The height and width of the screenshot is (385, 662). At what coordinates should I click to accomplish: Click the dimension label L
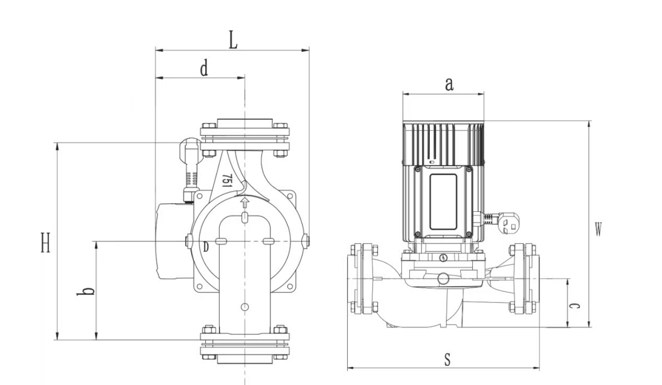(x=233, y=40)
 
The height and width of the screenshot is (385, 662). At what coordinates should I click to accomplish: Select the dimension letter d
(x=204, y=68)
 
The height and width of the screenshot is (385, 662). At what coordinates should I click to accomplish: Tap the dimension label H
(x=46, y=243)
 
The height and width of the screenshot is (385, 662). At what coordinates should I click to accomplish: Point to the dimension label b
(x=85, y=291)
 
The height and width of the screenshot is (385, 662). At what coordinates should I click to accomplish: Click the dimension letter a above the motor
(x=449, y=84)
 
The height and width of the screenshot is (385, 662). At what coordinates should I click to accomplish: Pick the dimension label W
(x=598, y=229)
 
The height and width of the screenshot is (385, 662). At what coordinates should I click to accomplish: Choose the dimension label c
(x=574, y=306)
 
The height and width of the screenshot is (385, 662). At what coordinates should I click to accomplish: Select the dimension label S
(x=447, y=359)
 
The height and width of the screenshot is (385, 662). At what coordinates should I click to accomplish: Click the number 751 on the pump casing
(x=227, y=181)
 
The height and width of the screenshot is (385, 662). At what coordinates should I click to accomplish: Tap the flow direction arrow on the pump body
(x=245, y=203)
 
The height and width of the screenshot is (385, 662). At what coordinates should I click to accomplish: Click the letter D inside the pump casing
(x=206, y=247)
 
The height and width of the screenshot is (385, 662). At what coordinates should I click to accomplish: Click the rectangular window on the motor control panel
(x=443, y=201)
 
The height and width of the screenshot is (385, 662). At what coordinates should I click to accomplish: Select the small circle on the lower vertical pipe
(x=245, y=307)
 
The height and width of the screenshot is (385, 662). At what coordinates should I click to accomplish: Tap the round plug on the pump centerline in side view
(x=443, y=278)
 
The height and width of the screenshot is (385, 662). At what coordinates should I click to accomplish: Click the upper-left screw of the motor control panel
(x=417, y=169)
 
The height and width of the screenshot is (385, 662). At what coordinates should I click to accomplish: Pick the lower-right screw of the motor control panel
(x=469, y=234)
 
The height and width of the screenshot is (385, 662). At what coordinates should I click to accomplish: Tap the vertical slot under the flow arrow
(x=245, y=217)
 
